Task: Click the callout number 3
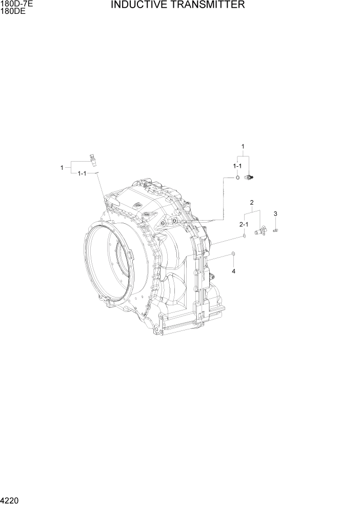(x=275, y=213)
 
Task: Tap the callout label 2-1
(x=244, y=224)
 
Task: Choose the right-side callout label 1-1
(x=237, y=166)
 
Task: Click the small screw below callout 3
(x=275, y=230)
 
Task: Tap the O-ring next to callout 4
(x=234, y=254)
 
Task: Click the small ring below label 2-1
(x=245, y=236)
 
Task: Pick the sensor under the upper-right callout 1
(x=250, y=178)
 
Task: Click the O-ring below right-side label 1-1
(x=237, y=178)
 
